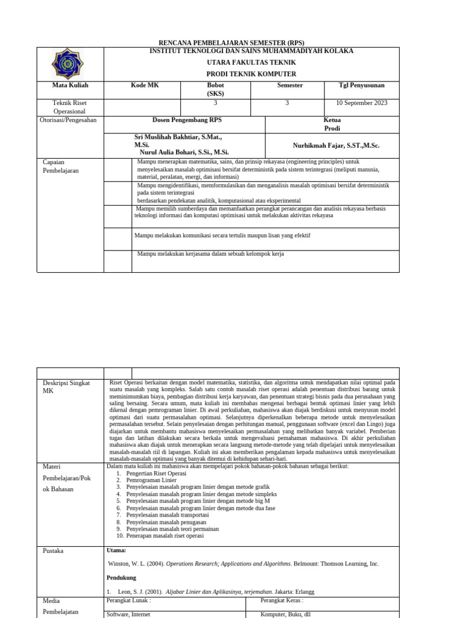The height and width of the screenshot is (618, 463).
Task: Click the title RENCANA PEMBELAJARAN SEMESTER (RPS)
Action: (231, 43)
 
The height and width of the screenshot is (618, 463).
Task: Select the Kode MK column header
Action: (145, 86)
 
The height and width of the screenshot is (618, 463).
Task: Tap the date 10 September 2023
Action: (362, 103)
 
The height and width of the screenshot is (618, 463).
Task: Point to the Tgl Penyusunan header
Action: (361, 86)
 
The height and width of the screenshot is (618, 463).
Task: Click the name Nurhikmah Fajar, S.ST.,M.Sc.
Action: (336, 146)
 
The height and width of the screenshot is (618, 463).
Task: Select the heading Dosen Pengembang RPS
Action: (187, 120)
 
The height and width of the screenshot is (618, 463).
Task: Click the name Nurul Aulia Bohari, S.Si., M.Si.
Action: (184, 153)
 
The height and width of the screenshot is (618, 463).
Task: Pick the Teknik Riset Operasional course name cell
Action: (70, 107)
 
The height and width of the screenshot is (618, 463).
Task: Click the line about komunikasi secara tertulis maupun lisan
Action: (222, 235)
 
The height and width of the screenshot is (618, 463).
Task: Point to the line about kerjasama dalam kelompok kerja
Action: (210, 254)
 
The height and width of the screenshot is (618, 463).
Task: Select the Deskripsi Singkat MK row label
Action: (66, 387)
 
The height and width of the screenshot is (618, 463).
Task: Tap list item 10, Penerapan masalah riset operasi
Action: (165, 536)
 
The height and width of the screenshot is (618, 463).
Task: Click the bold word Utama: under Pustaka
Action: (116, 550)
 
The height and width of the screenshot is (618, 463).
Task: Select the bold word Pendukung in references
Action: (121, 578)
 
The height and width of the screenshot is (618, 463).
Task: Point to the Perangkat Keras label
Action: (282, 600)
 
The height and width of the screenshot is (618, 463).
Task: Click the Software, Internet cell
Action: (128, 614)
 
